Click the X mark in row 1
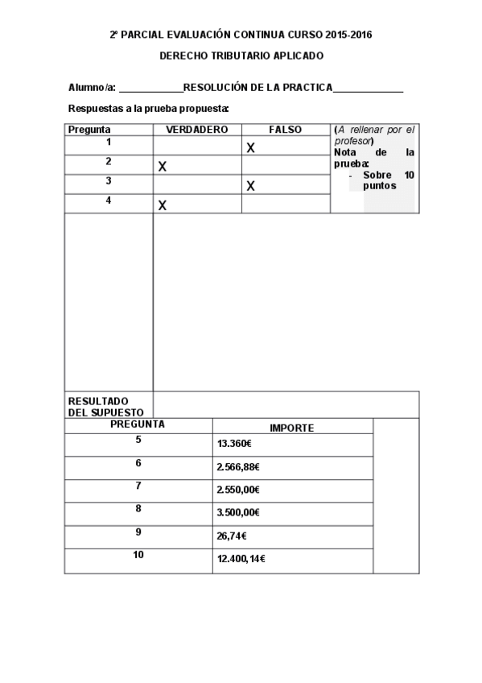tap(250, 147)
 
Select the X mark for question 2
tap(163, 167)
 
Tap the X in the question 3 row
tap(250, 186)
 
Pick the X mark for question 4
tap(163, 205)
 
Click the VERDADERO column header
tap(197, 130)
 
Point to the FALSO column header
tap(285, 130)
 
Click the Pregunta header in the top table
tap(89, 130)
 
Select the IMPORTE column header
tap(292, 428)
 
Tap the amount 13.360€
tap(235, 444)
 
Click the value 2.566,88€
tap(238, 467)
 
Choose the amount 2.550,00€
tap(238, 490)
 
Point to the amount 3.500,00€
tap(238, 512)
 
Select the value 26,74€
tap(232, 536)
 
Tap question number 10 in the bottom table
tap(138, 554)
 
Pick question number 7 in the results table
tap(138, 486)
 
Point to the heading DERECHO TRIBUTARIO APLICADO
tap(241, 56)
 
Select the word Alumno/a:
tap(93, 88)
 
